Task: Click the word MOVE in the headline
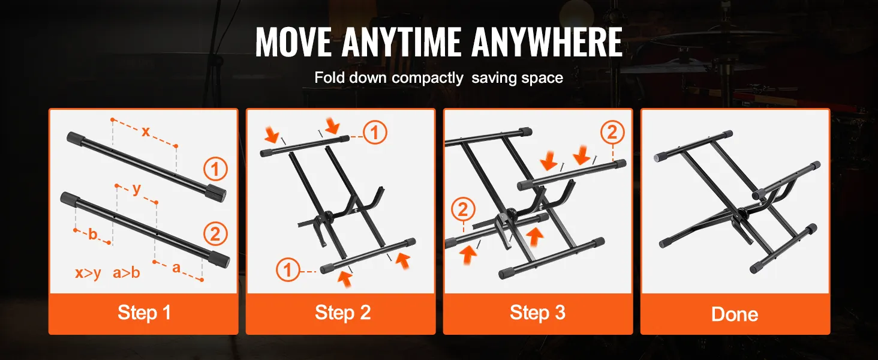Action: pyautogui.click(x=293, y=43)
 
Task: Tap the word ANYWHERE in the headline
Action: pyautogui.click(x=547, y=43)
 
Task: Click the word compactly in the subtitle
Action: pyautogui.click(x=427, y=78)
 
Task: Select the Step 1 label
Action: pyautogui.click(x=145, y=313)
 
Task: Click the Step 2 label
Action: pyautogui.click(x=342, y=313)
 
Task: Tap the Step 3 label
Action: pyautogui.click(x=537, y=313)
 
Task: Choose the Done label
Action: pyautogui.click(x=735, y=314)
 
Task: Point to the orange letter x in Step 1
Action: pyautogui.click(x=145, y=131)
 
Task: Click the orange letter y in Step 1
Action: pyautogui.click(x=136, y=189)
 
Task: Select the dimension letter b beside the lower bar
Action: pyautogui.click(x=92, y=234)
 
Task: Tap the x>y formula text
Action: pyautogui.click(x=88, y=273)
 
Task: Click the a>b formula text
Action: pyautogui.click(x=126, y=272)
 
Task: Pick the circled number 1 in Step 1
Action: pyautogui.click(x=215, y=169)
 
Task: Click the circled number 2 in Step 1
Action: pyautogui.click(x=215, y=234)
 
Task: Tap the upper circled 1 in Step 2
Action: pyautogui.click(x=375, y=132)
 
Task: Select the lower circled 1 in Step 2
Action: pyautogui.click(x=288, y=270)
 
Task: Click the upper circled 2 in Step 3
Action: pyautogui.click(x=613, y=133)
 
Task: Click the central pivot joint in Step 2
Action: pyautogui.click(x=326, y=215)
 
